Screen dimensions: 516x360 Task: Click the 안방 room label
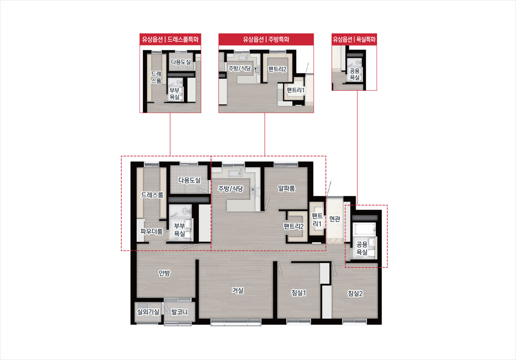pyautogui.click(x=164, y=273)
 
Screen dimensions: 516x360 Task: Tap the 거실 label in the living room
pyautogui.click(x=237, y=290)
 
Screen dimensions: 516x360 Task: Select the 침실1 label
pyautogui.click(x=299, y=293)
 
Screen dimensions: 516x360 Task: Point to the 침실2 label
pyautogui.click(x=355, y=293)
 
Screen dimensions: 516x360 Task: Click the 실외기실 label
pyautogui.click(x=148, y=312)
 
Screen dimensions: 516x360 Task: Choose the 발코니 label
pyautogui.click(x=179, y=312)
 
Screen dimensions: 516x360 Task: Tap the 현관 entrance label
pyautogui.click(x=335, y=219)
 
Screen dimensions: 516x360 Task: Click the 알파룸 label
pyautogui.click(x=286, y=188)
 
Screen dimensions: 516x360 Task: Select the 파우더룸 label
pyautogui.click(x=151, y=231)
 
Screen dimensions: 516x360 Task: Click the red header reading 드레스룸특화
pyautogui.click(x=183, y=39)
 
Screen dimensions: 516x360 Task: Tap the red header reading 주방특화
pyautogui.click(x=279, y=39)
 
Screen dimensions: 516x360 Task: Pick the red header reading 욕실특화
pyautogui.click(x=366, y=39)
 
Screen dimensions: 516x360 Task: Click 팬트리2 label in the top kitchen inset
pyautogui.click(x=277, y=69)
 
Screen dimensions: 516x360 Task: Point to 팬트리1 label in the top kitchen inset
pyautogui.click(x=296, y=90)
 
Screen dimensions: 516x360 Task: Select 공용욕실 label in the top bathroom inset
pyautogui.click(x=355, y=74)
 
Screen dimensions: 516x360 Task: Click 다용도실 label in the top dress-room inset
pyautogui.click(x=181, y=62)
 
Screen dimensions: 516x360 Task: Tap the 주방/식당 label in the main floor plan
pyautogui.click(x=231, y=189)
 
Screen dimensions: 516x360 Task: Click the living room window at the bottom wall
pyautogui.click(x=236, y=322)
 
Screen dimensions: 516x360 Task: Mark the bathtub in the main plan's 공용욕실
pyautogui.click(x=364, y=229)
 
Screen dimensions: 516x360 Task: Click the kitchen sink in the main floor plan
pyautogui.click(x=236, y=173)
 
